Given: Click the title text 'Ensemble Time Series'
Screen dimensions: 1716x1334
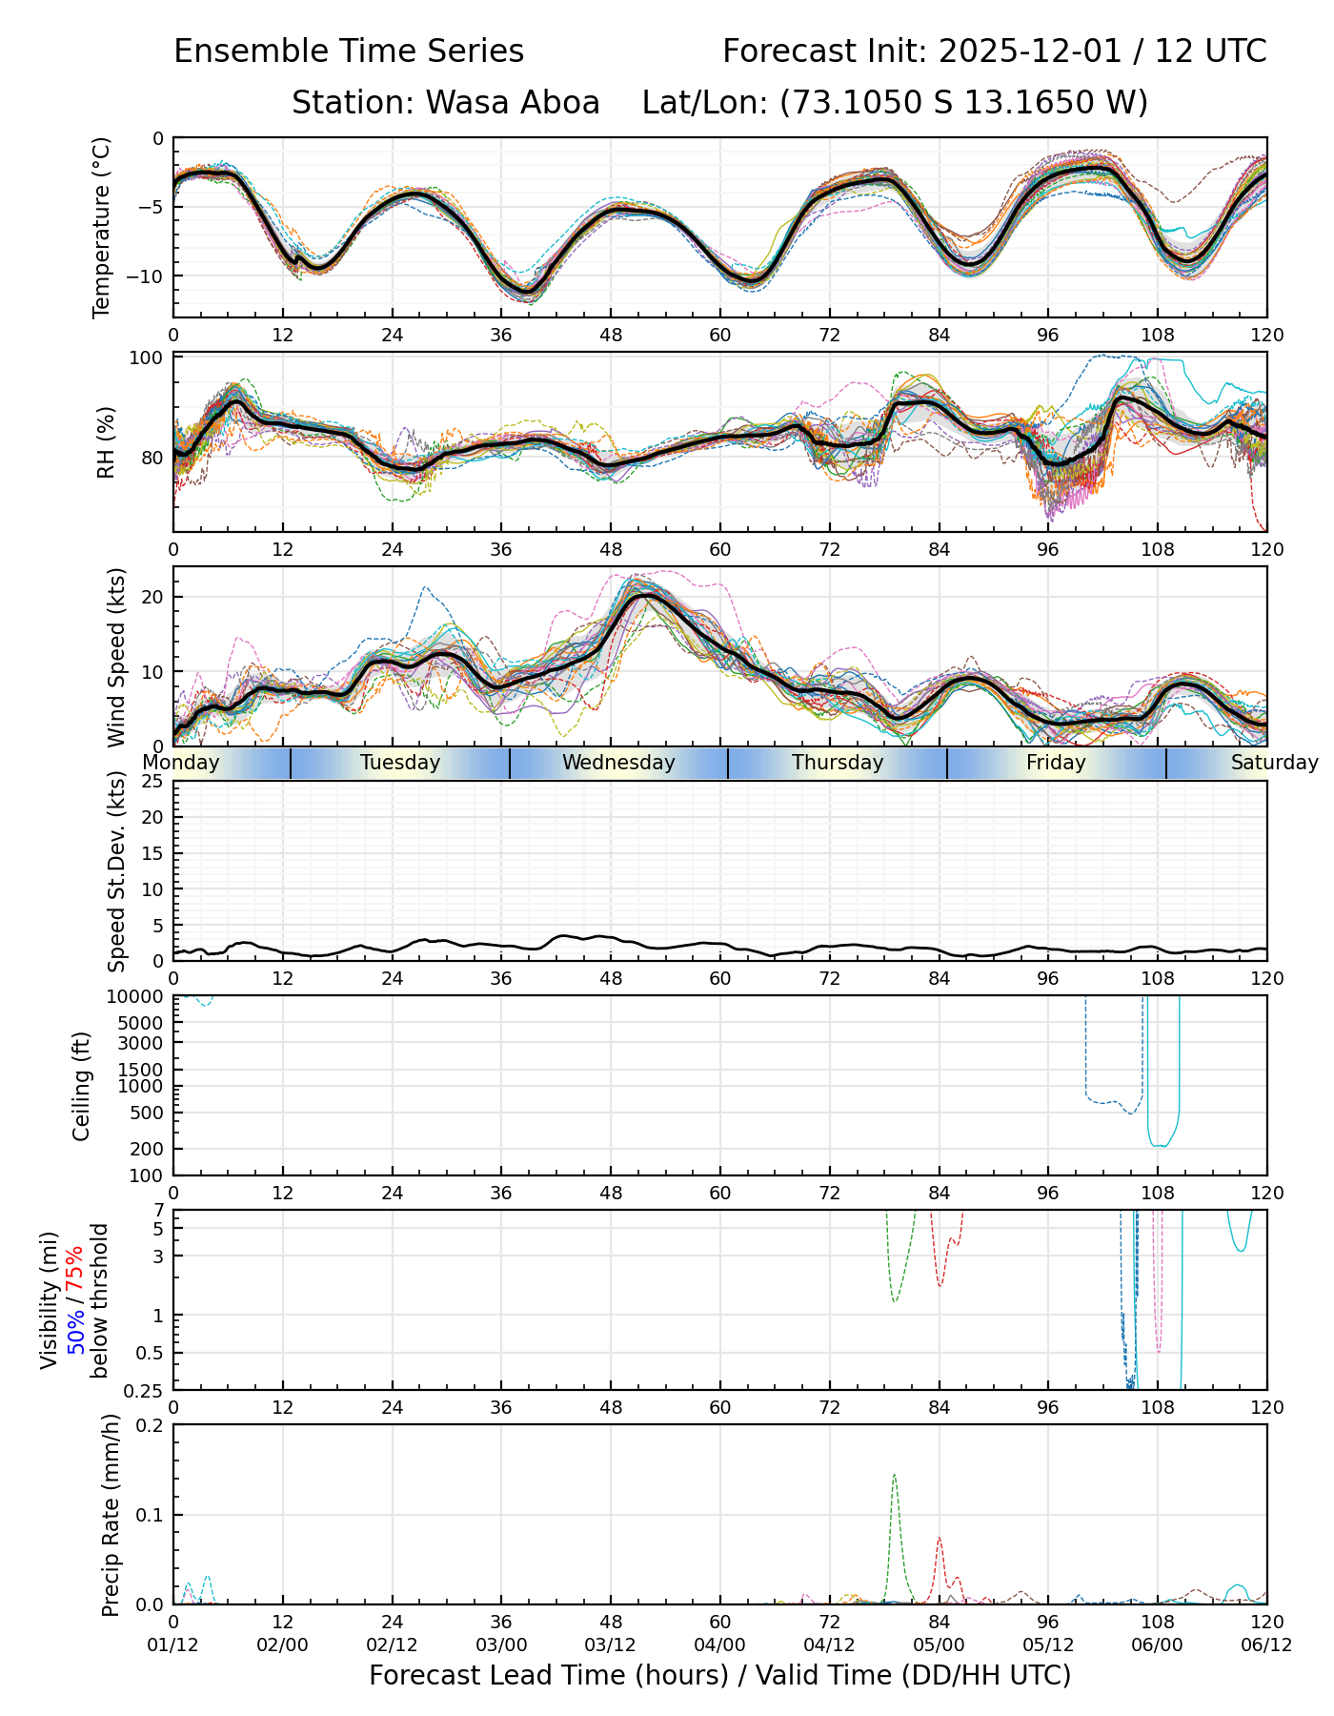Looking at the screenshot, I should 349,51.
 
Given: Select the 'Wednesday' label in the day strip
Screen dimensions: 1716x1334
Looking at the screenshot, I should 618,763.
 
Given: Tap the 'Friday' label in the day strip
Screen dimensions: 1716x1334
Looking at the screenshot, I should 1056,763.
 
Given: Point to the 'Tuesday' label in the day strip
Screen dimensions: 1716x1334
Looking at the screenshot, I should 400,763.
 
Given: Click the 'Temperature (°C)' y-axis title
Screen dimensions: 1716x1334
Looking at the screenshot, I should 102,227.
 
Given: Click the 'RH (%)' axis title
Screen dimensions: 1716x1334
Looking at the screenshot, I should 106,441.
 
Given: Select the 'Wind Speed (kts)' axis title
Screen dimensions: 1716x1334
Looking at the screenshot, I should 116,657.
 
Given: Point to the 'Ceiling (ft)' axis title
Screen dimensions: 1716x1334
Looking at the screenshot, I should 82,1086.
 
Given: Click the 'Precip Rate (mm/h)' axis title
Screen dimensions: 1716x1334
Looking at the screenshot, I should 111,1514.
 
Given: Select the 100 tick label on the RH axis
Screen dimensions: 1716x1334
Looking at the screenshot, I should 147,358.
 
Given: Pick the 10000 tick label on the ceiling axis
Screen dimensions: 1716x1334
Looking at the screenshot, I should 137,997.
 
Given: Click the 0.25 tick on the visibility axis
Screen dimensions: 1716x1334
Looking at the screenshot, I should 145,1389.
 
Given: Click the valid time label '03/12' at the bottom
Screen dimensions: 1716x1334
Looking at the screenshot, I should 611,1644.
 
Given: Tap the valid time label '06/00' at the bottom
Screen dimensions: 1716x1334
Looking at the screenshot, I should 1157,1644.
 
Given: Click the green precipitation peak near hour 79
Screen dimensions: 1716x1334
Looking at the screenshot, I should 894,1476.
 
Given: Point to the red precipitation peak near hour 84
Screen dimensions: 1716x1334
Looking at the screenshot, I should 939,1538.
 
